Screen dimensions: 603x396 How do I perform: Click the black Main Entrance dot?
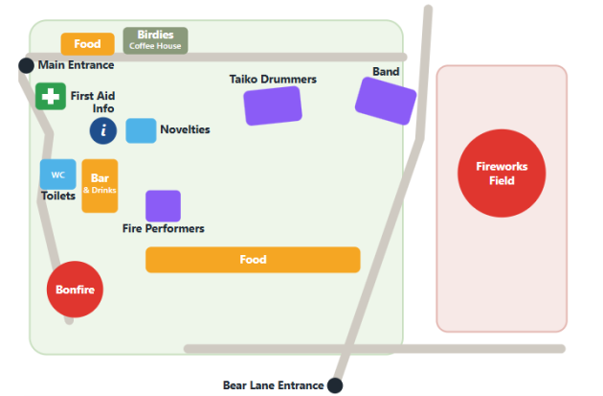click(x=26, y=65)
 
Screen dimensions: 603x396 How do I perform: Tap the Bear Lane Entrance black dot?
click(x=335, y=385)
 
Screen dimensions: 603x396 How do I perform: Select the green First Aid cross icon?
click(x=51, y=96)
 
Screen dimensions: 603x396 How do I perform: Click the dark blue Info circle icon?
click(x=103, y=131)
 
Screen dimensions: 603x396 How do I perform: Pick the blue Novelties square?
click(x=141, y=131)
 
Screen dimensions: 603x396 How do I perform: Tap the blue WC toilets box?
click(x=58, y=175)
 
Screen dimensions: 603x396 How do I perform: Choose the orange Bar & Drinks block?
click(x=100, y=186)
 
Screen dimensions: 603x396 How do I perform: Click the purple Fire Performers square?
click(x=163, y=206)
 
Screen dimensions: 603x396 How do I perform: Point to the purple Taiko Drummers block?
click(x=273, y=105)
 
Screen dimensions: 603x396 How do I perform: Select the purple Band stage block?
click(x=386, y=101)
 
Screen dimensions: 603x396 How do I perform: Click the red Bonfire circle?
click(x=75, y=290)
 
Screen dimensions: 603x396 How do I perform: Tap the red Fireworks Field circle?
click(x=502, y=174)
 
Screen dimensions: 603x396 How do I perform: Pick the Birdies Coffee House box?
click(x=155, y=40)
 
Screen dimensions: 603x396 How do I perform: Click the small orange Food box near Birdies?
click(x=88, y=44)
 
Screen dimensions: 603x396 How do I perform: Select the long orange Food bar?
click(x=253, y=260)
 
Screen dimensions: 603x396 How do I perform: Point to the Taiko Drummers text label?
click(x=273, y=80)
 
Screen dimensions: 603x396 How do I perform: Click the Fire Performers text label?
click(x=164, y=228)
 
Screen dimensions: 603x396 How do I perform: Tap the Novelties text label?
click(x=185, y=129)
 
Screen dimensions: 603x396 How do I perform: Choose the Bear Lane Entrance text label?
click(x=274, y=385)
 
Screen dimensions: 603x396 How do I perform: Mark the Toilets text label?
click(x=58, y=196)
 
